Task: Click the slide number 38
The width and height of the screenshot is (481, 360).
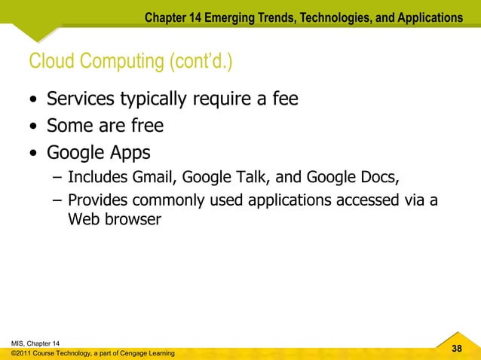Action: [456, 349]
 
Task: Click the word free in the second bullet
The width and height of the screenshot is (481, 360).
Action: [146, 126]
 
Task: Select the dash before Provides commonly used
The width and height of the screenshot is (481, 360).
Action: [58, 200]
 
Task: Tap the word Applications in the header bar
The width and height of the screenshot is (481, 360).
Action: [426, 17]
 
